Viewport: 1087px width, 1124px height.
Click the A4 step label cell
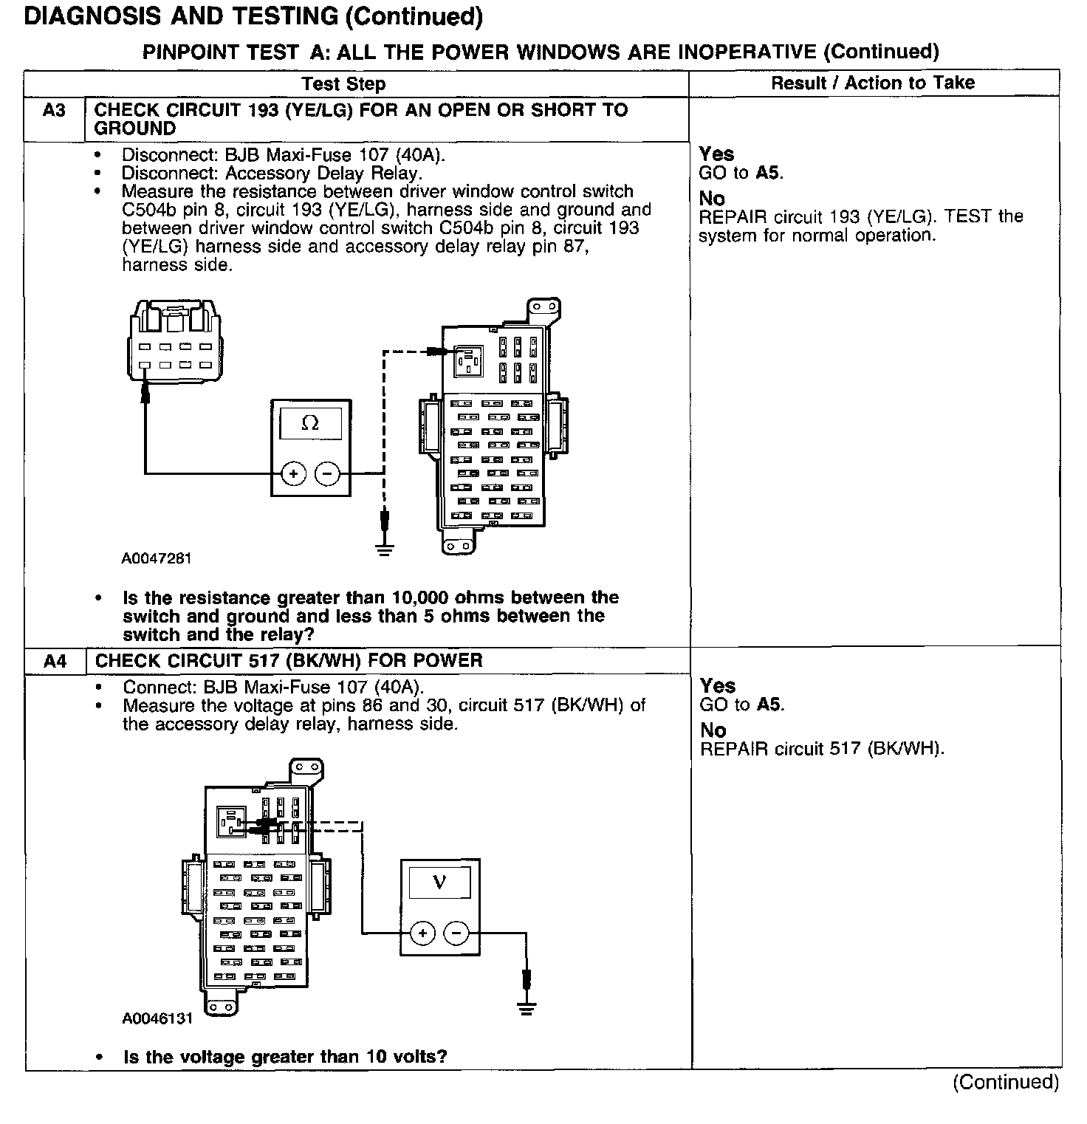tap(55, 661)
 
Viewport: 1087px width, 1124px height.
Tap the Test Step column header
tap(343, 83)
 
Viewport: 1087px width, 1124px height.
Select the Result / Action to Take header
tap(873, 83)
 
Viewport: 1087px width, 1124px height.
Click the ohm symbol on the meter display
tap(311, 423)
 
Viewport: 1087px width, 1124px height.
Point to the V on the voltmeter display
tap(439, 883)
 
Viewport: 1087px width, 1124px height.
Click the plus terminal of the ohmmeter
tap(293, 473)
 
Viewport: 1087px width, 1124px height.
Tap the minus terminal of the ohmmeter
tap(327, 473)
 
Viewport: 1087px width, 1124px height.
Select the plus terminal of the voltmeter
tap(422, 933)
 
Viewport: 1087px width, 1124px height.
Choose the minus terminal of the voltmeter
tap(456, 933)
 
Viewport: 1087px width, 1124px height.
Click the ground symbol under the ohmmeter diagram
tap(383, 549)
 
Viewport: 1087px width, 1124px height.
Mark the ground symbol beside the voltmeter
tap(526, 1009)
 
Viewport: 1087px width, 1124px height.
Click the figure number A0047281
tap(157, 558)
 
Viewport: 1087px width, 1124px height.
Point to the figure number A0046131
tap(157, 1018)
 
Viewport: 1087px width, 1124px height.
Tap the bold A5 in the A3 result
tap(768, 173)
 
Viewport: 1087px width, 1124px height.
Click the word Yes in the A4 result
tap(718, 685)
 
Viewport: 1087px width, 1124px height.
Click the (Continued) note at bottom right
tap(1005, 1082)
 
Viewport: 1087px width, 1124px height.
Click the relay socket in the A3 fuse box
tap(468, 362)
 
